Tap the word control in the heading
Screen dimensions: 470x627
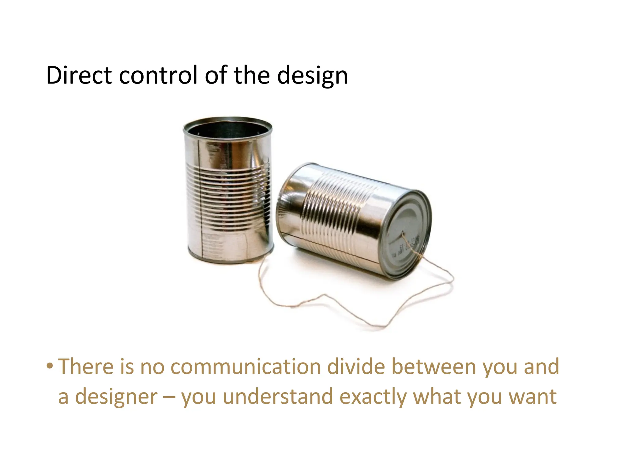pyautogui.click(x=158, y=75)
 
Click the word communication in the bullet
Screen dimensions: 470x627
pyautogui.click(x=246, y=367)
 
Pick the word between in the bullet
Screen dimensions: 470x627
pyautogui.click(x=434, y=367)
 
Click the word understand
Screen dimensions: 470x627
pyautogui.click(x=278, y=397)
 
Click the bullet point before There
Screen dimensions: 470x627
pyautogui.click(x=50, y=366)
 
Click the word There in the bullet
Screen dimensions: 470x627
pyautogui.click(x=85, y=367)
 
